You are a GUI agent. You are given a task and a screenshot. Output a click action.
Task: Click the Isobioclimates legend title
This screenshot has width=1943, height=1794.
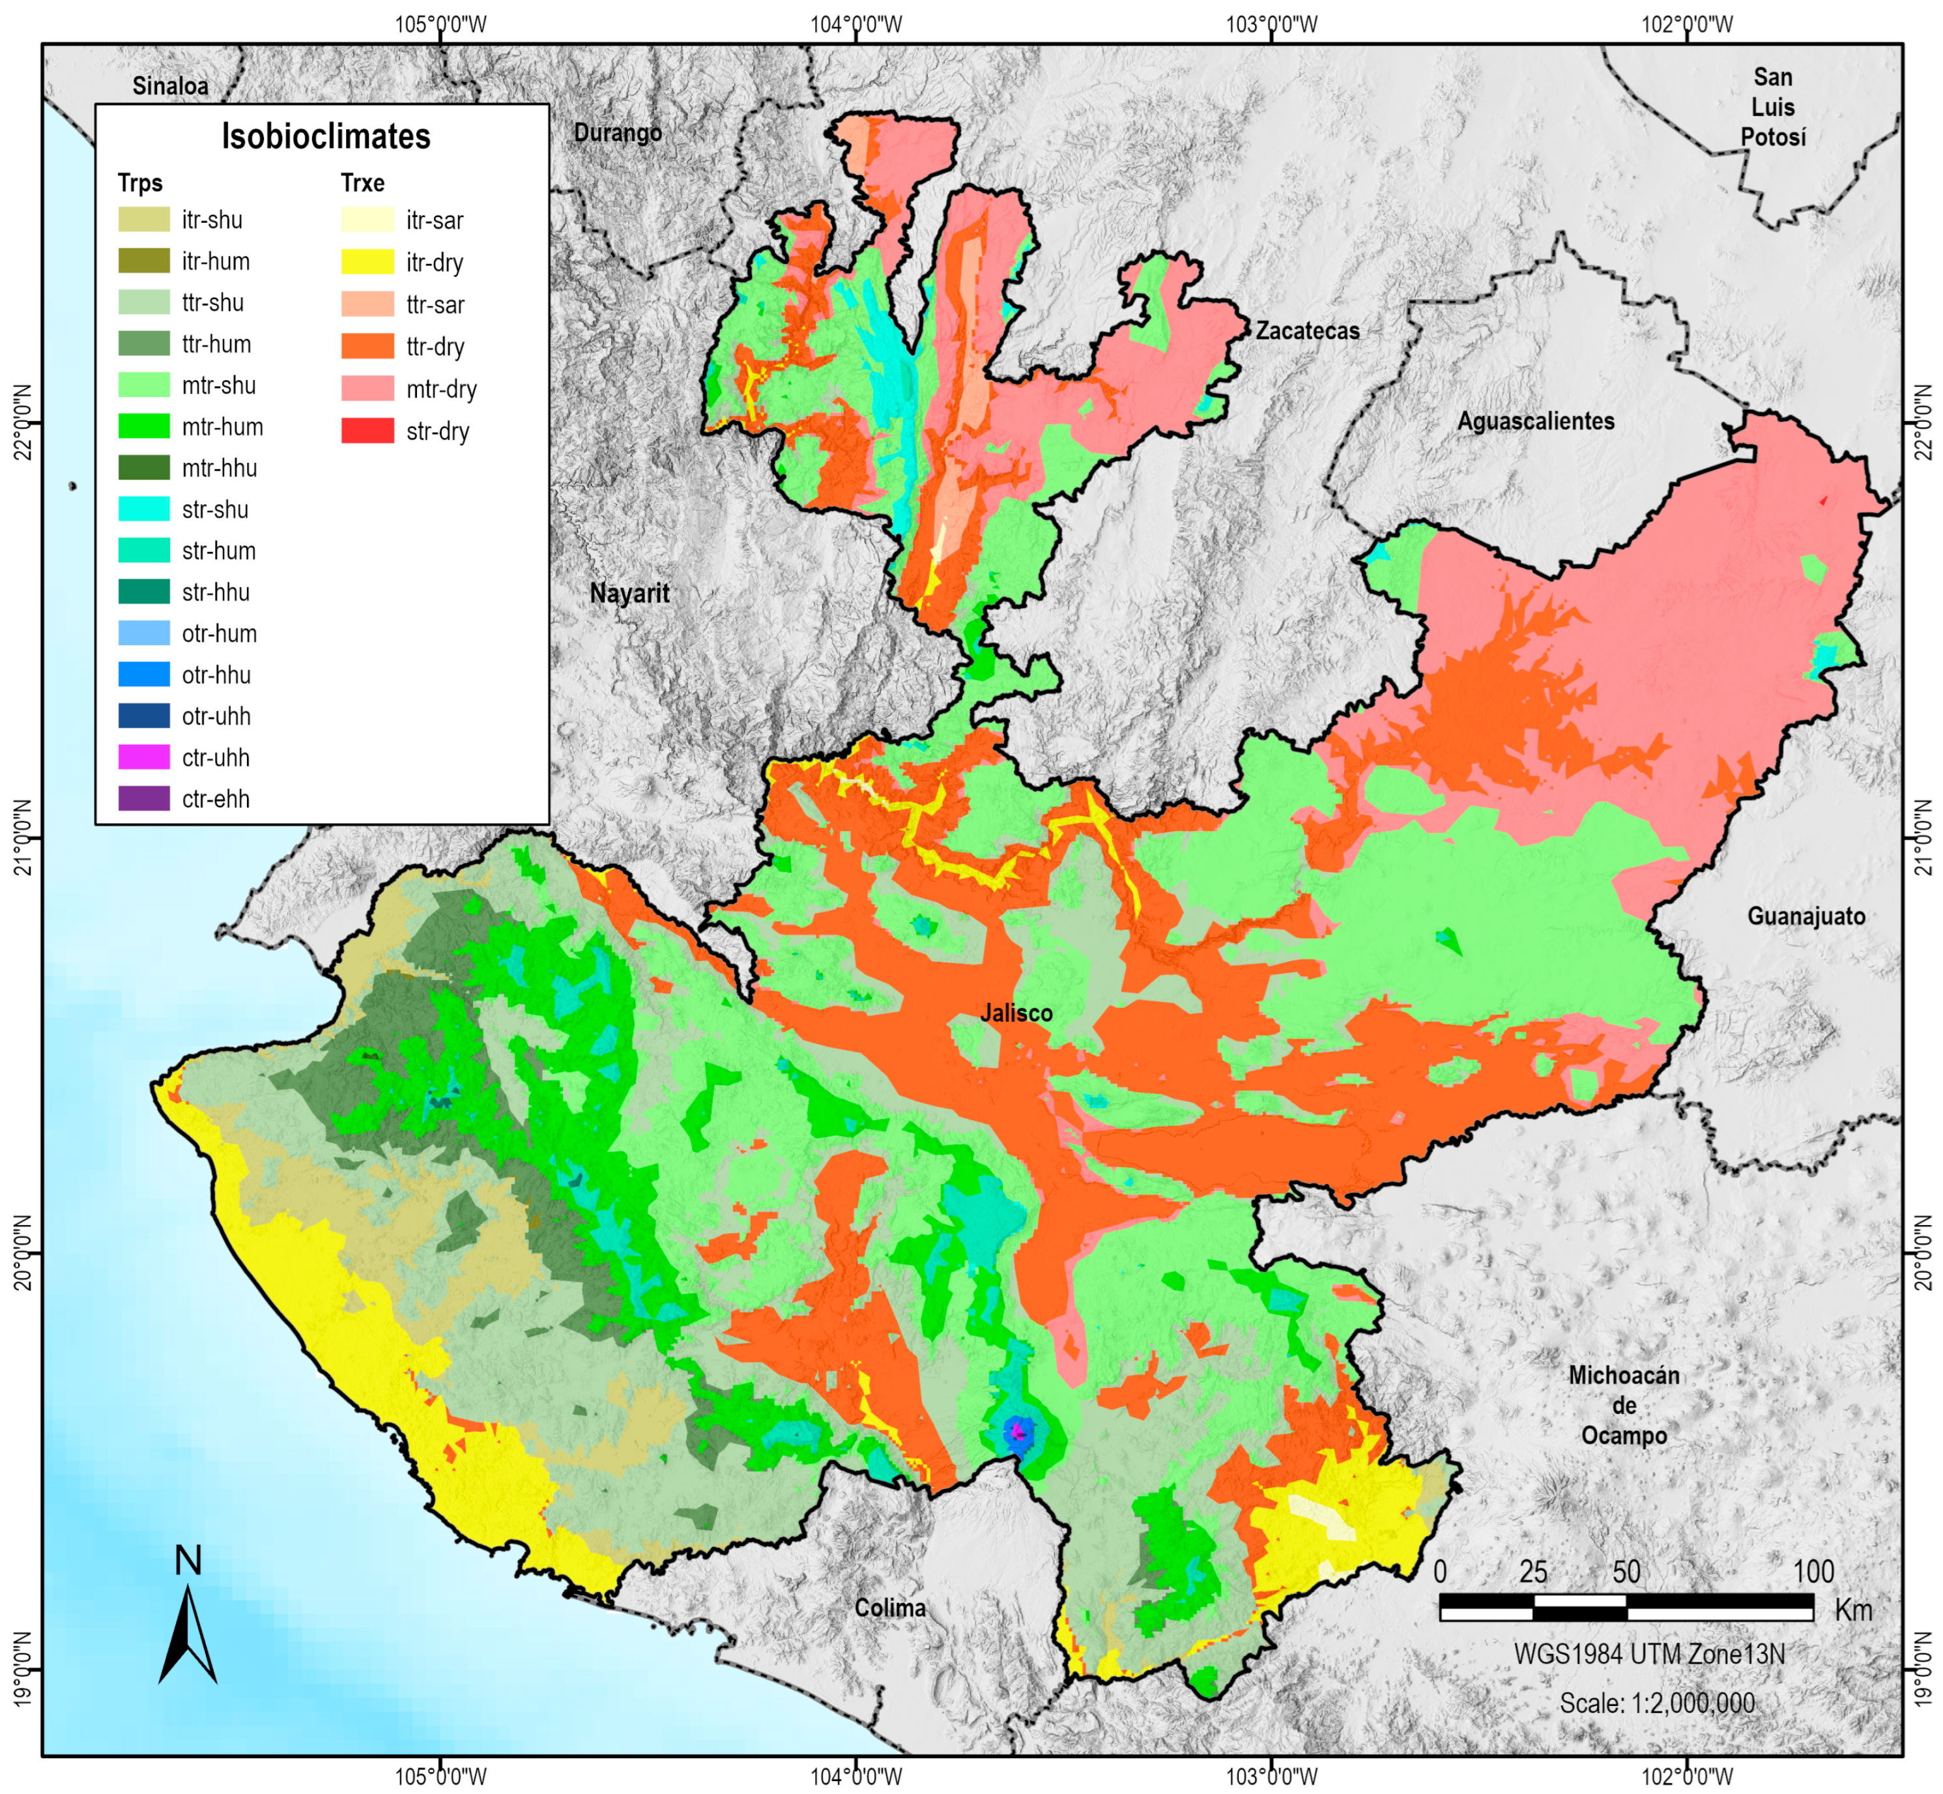point(325,137)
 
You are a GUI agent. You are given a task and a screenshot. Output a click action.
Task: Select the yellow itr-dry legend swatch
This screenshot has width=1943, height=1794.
point(367,262)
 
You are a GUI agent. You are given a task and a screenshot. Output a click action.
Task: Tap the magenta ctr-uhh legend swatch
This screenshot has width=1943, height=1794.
point(143,757)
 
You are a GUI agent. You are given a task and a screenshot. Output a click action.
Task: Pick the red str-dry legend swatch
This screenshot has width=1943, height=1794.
point(367,431)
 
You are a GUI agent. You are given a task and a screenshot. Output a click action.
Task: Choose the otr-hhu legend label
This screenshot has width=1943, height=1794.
point(216,674)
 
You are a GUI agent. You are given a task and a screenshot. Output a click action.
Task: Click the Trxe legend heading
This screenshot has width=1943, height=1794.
point(362,184)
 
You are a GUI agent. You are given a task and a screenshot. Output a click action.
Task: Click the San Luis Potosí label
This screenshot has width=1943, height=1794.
point(1772,107)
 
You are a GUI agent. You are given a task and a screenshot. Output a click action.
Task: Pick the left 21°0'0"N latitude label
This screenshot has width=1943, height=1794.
point(22,837)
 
